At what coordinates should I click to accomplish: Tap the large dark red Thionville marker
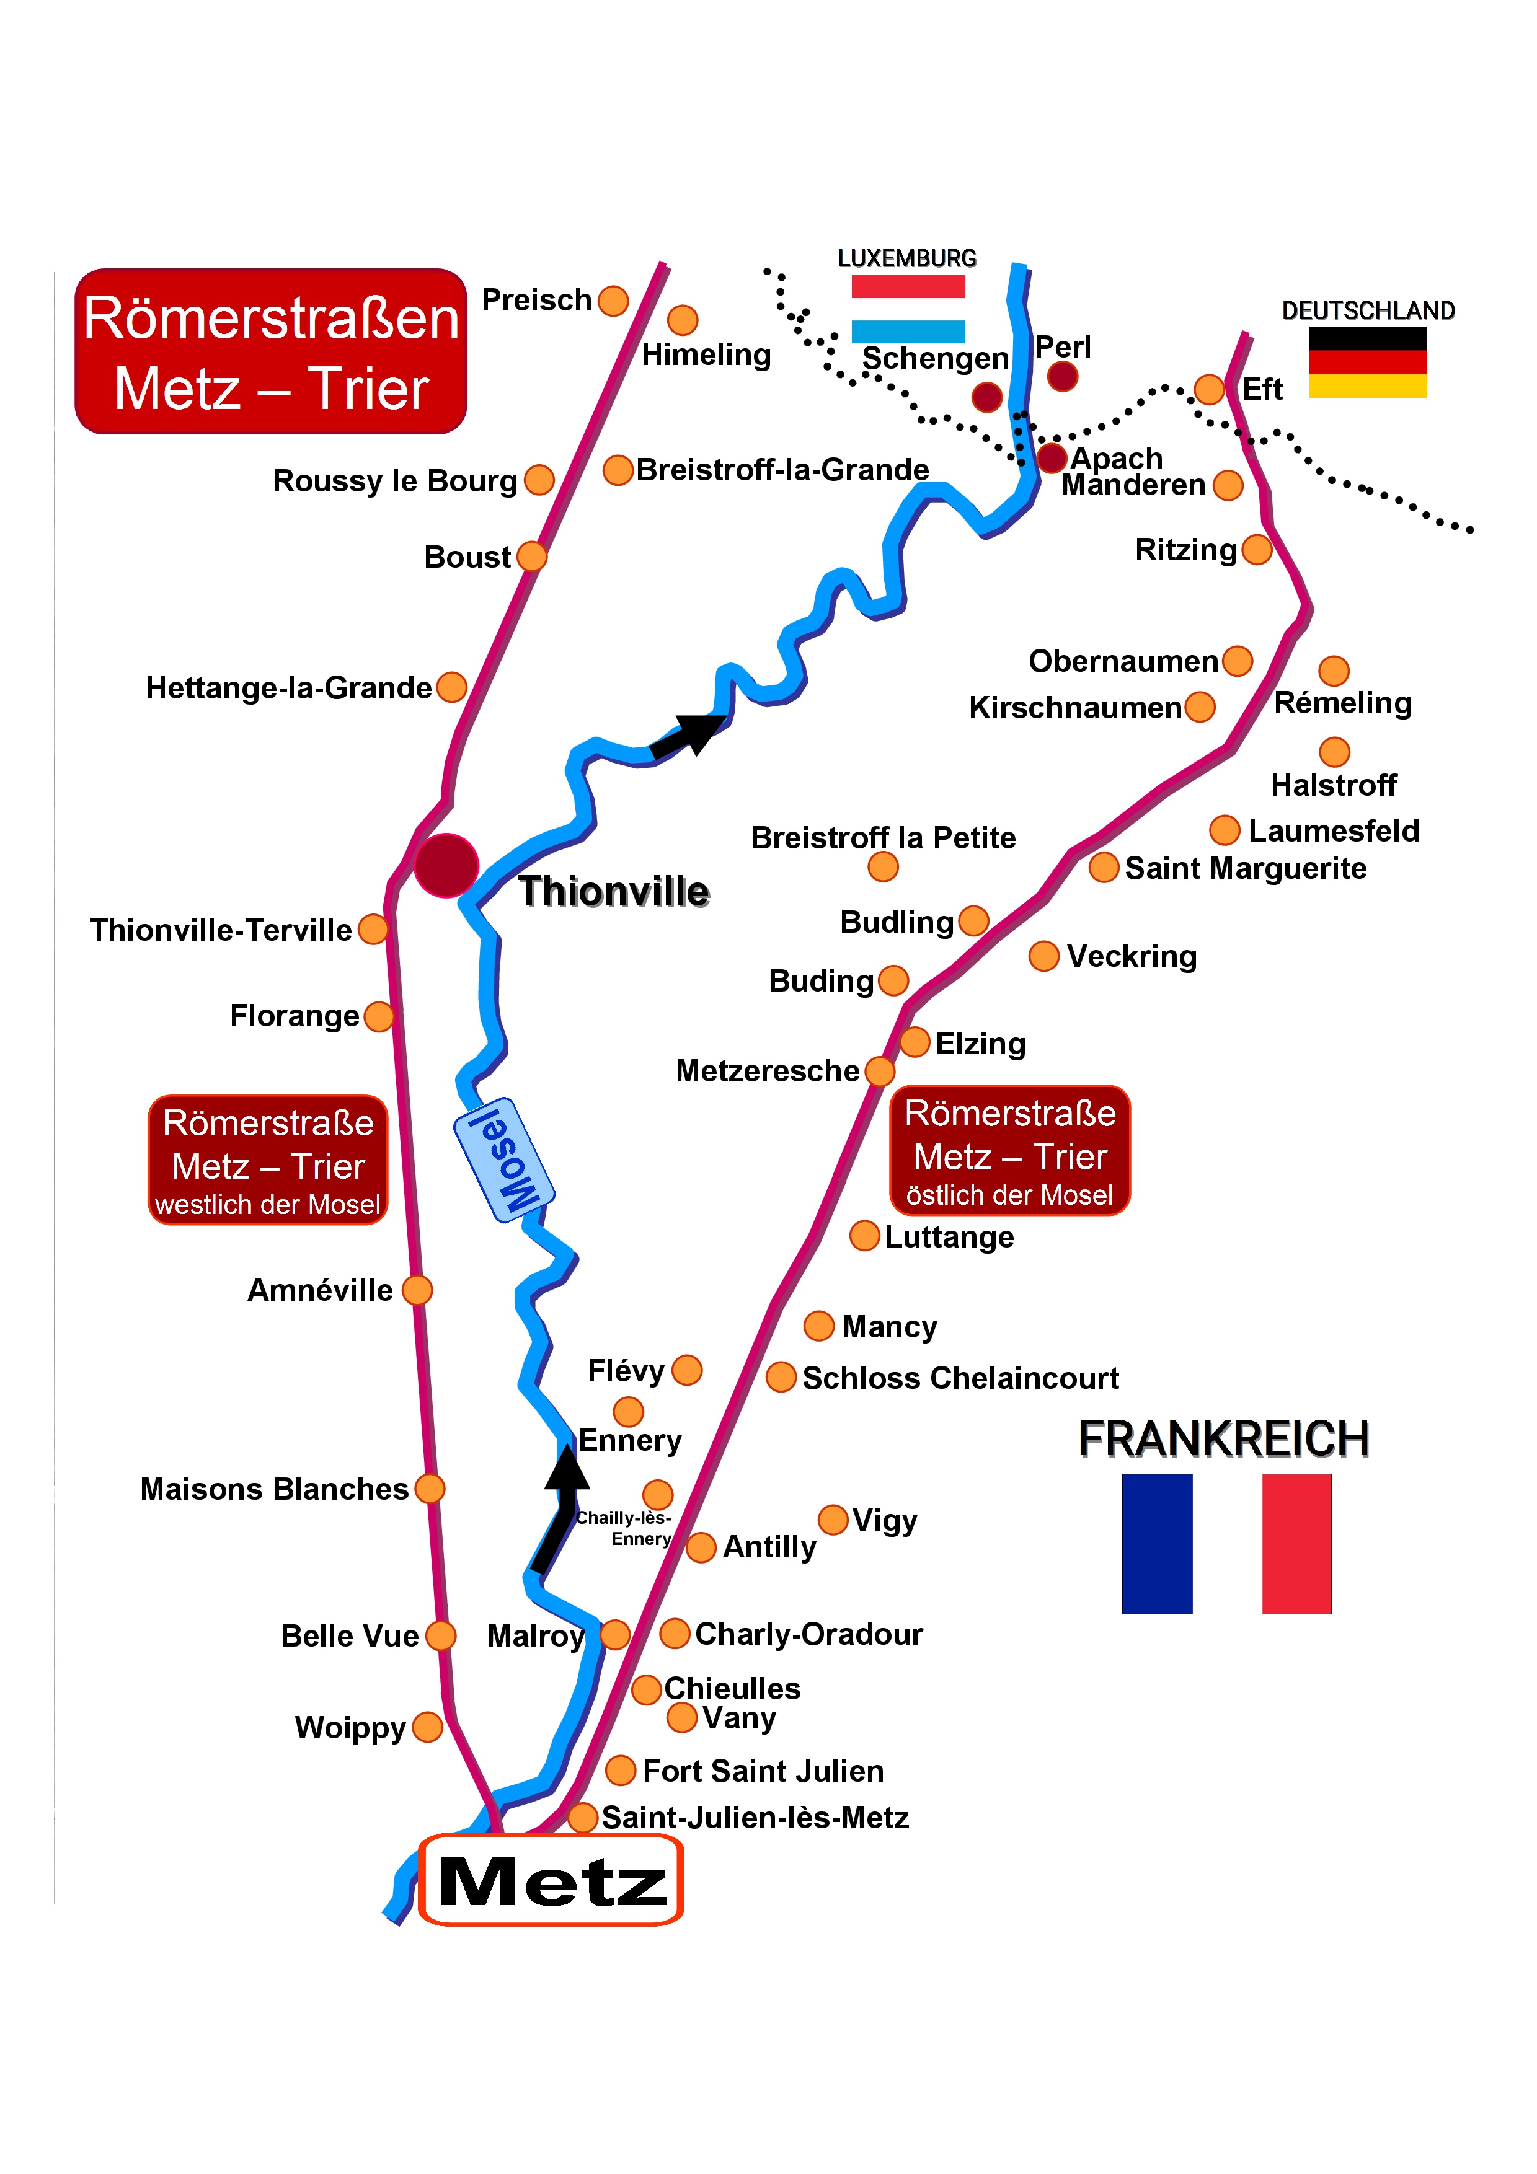click(446, 865)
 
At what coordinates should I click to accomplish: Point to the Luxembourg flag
click(907, 309)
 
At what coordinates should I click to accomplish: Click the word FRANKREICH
click(1223, 1439)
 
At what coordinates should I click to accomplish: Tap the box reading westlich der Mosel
click(268, 1160)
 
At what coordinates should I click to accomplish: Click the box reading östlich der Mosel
click(1009, 1150)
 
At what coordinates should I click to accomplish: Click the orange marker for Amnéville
click(417, 1290)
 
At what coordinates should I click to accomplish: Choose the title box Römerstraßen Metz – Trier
click(271, 351)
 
